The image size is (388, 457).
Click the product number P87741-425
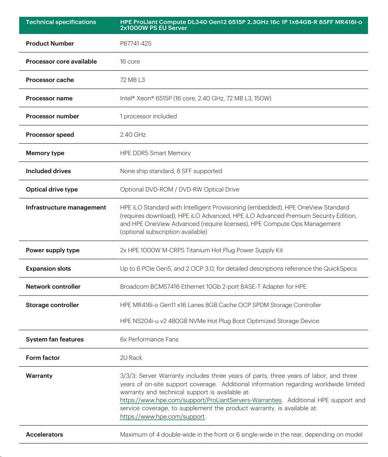(x=136, y=43)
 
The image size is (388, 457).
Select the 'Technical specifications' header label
(x=61, y=22)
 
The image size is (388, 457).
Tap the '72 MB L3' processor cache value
(x=132, y=80)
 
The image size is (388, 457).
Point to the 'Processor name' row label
(x=49, y=98)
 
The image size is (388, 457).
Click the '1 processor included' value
(x=148, y=116)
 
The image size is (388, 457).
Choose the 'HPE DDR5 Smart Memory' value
(x=155, y=153)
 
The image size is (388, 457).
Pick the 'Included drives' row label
(x=48, y=171)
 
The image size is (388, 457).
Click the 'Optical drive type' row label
(x=52, y=190)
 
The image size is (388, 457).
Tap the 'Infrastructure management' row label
(x=66, y=208)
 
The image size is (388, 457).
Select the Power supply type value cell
(x=201, y=250)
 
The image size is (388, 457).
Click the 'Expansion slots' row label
(x=48, y=269)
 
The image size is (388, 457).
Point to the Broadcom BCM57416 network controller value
(x=213, y=287)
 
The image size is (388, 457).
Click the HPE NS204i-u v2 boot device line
(x=220, y=321)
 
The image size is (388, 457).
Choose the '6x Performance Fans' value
(x=149, y=339)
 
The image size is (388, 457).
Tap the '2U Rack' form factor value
(x=131, y=358)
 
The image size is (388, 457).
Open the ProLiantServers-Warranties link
(x=201, y=400)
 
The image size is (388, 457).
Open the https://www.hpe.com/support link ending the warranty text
(x=162, y=417)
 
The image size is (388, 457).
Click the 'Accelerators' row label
(x=44, y=435)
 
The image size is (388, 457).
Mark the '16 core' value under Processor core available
(x=130, y=62)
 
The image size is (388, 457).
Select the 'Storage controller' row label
(x=52, y=305)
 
